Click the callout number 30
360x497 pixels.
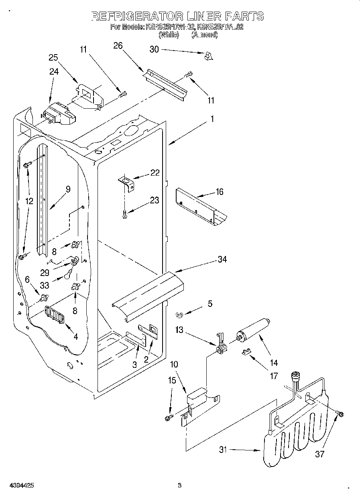click(154, 49)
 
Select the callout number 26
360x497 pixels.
click(118, 45)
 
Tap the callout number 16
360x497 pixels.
click(219, 192)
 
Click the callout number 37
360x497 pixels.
click(319, 454)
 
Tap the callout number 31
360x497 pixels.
click(223, 450)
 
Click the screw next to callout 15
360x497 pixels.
click(168, 418)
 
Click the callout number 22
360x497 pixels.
click(155, 173)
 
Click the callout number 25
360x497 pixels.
click(53, 57)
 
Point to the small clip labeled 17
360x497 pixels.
click(246, 352)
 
